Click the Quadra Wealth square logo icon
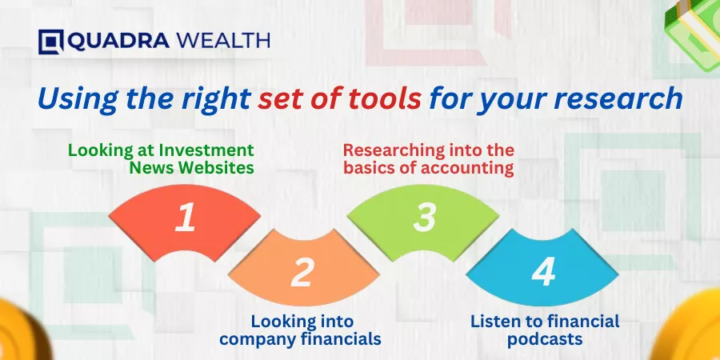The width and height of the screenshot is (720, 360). tap(50, 42)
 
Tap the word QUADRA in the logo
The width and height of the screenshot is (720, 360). tap(118, 41)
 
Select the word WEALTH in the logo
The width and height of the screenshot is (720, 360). tap(223, 41)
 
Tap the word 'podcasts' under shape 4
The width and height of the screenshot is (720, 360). tap(545, 339)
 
